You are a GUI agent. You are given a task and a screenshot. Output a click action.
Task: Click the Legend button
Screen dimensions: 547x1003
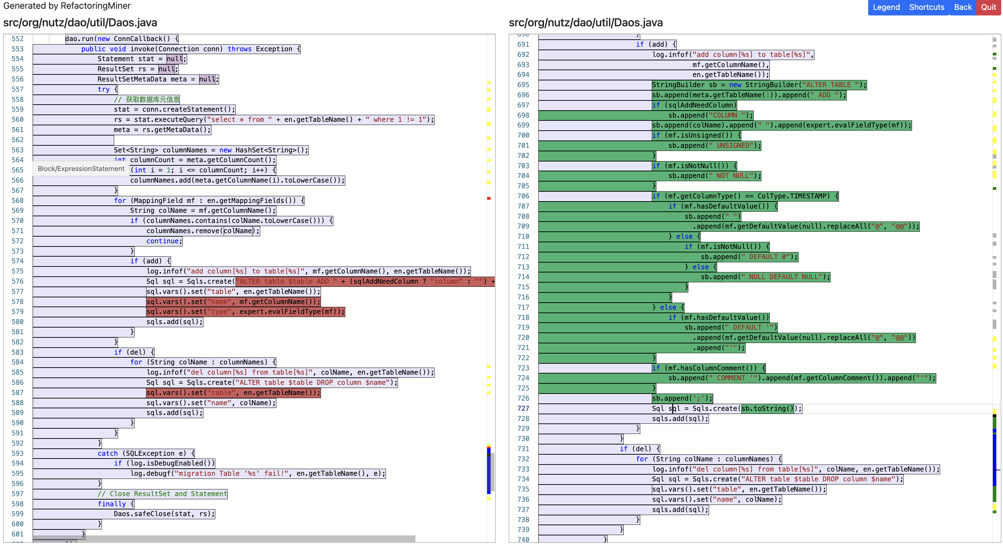(886, 7)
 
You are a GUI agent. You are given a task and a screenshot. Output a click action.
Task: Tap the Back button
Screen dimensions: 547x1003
(963, 7)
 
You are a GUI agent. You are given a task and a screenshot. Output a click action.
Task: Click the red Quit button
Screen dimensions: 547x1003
(988, 7)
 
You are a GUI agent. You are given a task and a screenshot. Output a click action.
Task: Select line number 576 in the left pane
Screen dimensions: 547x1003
(18, 281)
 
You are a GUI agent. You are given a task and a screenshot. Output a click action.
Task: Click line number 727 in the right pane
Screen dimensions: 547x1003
(523, 408)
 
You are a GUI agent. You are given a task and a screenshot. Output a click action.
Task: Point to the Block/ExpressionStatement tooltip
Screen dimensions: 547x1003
(81, 169)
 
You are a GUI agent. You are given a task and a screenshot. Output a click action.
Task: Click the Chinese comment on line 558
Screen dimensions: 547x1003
(147, 99)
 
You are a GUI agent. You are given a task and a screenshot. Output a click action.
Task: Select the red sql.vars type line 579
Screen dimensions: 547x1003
(245, 311)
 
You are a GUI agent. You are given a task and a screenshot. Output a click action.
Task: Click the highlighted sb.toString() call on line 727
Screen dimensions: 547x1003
(767, 408)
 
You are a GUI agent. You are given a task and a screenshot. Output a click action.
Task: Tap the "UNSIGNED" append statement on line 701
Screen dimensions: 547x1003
(714, 146)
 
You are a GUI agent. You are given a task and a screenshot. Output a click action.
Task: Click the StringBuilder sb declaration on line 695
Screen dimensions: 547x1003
(759, 85)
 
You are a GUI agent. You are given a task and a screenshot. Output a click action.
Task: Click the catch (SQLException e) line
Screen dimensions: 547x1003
(146, 453)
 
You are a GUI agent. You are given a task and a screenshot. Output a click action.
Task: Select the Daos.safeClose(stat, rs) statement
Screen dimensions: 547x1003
(164, 514)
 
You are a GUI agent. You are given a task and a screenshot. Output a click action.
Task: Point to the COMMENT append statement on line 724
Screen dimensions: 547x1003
(801, 378)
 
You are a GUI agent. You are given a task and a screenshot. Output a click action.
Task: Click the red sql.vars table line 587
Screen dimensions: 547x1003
(233, 393)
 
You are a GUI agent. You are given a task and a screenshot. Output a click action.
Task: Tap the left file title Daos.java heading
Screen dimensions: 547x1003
(80, 22)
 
